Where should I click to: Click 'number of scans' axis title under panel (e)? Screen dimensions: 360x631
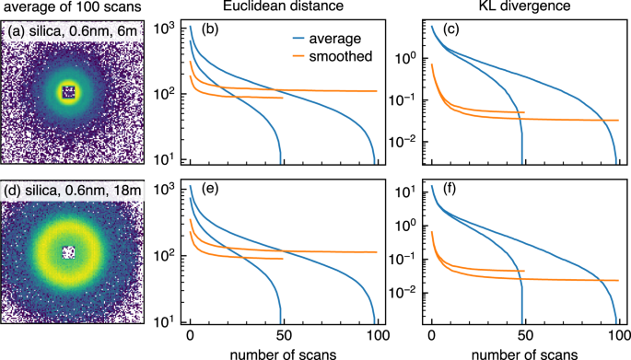coord(283,351)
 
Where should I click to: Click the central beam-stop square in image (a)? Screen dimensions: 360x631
coord(66,91)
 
